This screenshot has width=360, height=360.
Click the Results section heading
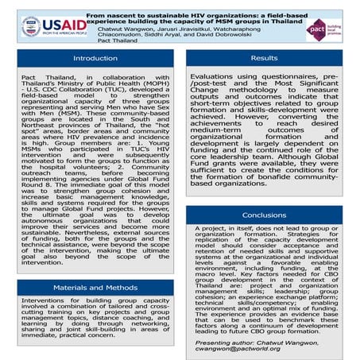pyautogui.click(x=264, y=59)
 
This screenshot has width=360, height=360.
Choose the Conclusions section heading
pyautogui.click(x=264, y=215)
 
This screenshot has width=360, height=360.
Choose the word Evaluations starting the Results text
pyautogui.click(x=212, y=79)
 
